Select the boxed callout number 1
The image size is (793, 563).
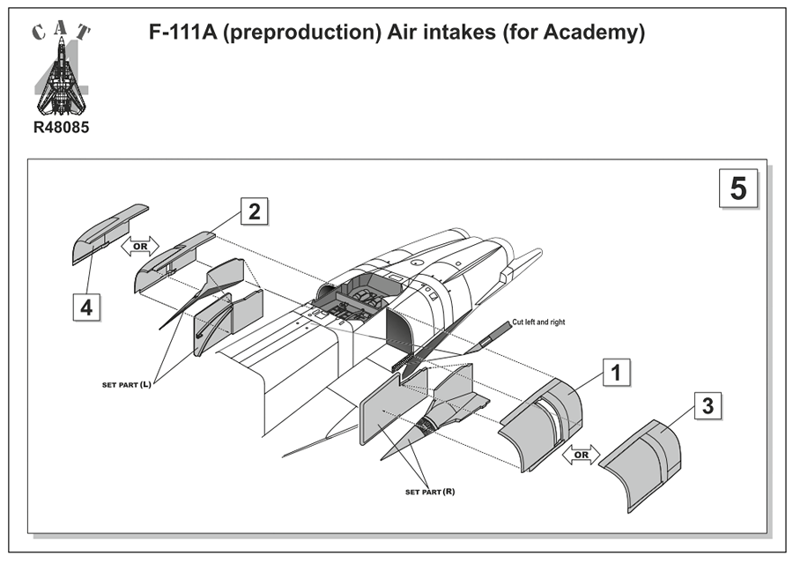616,373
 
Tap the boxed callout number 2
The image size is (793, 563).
254,211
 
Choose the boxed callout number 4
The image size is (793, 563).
85,308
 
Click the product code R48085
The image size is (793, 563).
61,128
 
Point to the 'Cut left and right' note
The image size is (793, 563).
538,322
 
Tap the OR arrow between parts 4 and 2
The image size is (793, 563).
140,246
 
